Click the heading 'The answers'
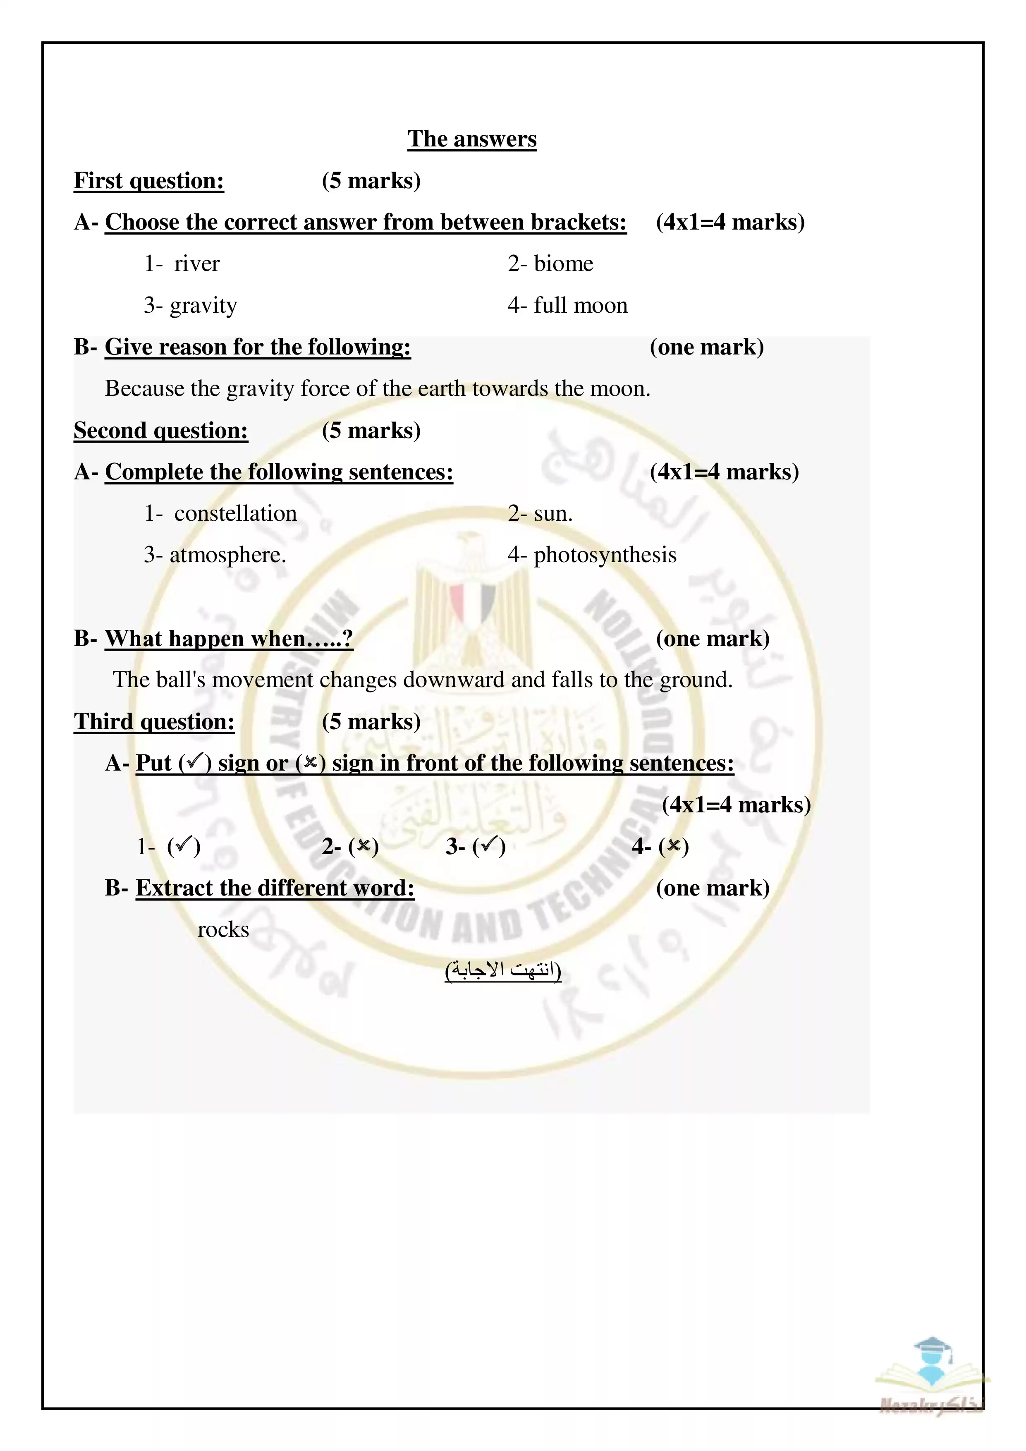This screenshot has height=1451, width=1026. tap(472, 139)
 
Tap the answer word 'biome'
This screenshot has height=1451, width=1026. tap(564, 263)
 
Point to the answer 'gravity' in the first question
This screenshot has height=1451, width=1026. tap(203, 306)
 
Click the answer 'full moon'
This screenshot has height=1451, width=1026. tap(581, 305)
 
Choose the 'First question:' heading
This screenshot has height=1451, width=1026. tap(149, 181)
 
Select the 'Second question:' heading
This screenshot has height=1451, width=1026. tap(161, 430)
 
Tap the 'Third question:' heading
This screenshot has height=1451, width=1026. tap(154, 722)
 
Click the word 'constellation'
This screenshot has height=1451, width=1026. tap(236, 513)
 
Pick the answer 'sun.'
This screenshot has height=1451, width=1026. tap(553, 513)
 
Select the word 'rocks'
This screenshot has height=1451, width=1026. tap(223, 930)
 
